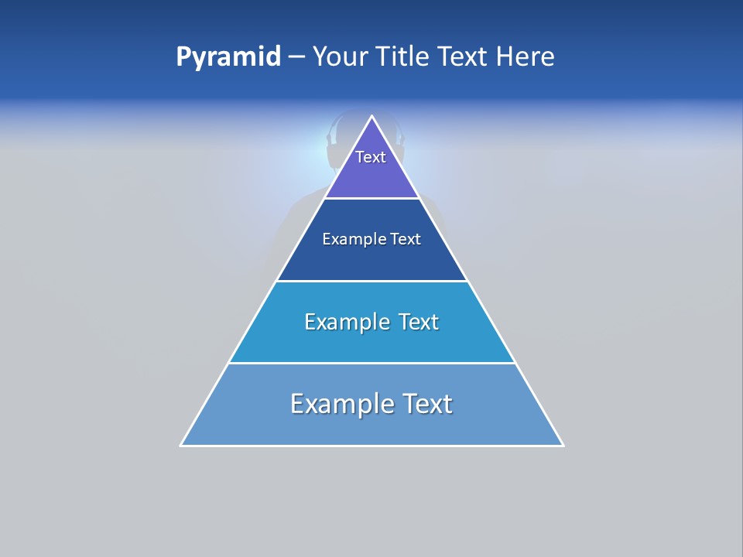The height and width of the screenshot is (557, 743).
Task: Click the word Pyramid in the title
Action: click(228, 57)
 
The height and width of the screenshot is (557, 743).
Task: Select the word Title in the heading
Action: click(403, 57)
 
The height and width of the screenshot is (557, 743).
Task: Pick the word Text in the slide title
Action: click(464, 57)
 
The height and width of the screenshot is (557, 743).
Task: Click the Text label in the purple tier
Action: click(371, 157)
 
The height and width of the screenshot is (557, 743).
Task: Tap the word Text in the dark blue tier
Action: click(406, 240)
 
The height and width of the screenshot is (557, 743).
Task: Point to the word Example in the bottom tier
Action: click(341, 404)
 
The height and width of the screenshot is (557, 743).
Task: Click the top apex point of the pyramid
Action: click(372, 117)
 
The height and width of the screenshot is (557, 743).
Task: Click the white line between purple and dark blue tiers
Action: click(372, 199)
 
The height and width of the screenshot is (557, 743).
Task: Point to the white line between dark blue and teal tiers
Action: click(372, 281)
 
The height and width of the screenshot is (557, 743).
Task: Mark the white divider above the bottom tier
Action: click(372, 363)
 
